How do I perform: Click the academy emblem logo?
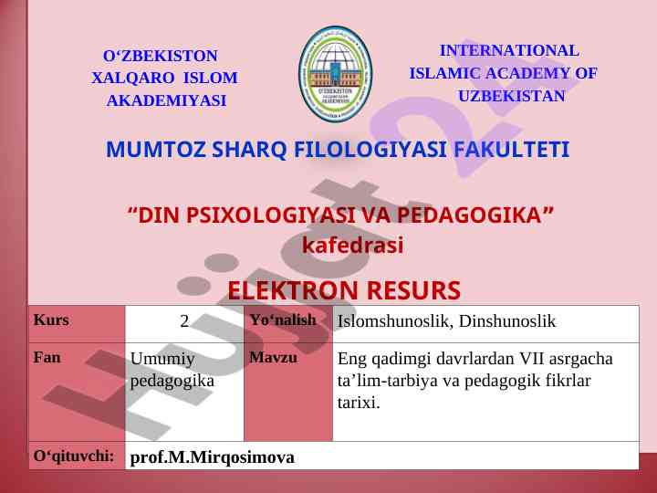[335, 73]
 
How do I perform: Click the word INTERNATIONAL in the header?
[509, 51]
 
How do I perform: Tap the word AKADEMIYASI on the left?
[166, 100]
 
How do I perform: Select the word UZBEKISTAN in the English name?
[512, 96]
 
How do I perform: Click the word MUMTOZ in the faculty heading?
[156, 149]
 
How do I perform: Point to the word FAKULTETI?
[512, 149]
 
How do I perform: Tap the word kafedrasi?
[353, 246]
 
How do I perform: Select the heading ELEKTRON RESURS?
[344, 290]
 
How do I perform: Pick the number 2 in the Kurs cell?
[184, 321]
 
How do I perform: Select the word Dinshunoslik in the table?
[507, 321]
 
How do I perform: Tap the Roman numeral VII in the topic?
[531, 359]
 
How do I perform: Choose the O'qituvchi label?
[74, 456]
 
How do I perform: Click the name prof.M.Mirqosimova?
[213, 457]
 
